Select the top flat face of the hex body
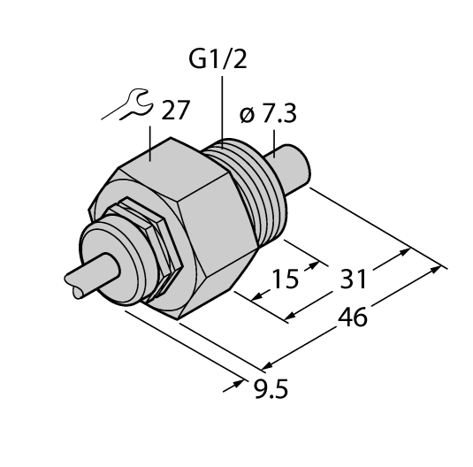click(x=172, y=165)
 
